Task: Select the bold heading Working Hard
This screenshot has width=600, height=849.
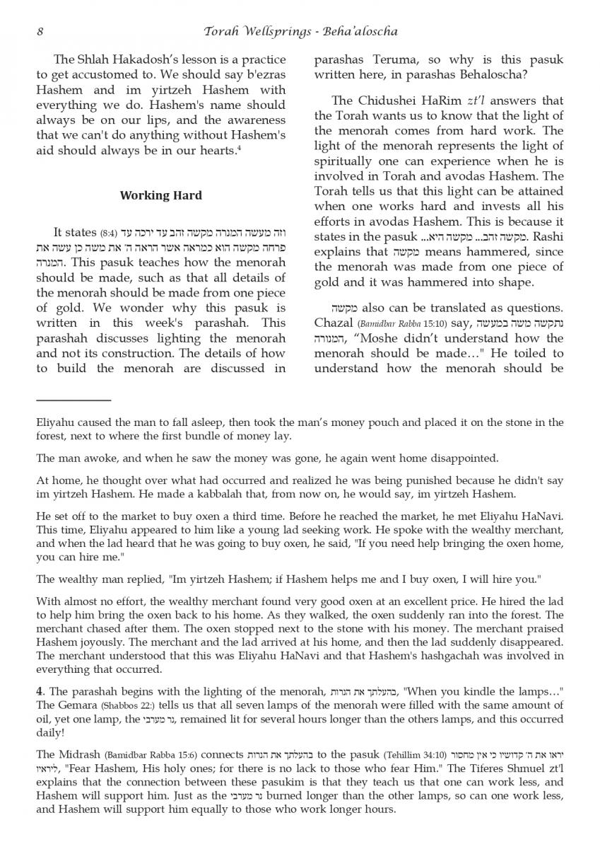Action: [x=161, y=195]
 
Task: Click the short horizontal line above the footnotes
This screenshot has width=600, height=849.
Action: [x=73, y=400]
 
